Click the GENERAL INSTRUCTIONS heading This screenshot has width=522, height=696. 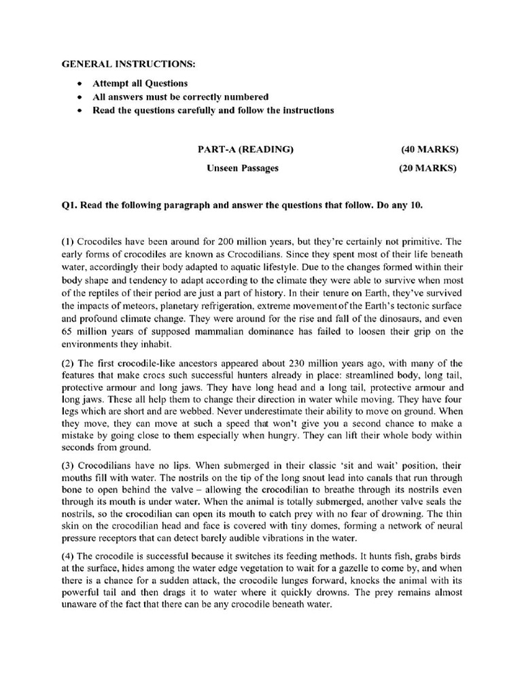pyautogui.click(x=128, y=64)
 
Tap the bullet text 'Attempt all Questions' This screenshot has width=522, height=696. pyautogui.click(x=141, y=84)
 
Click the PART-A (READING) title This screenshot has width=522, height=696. pyautogui.click(x=245, y=149)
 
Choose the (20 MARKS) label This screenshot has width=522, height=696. pyautogui.click(x=428, y=168)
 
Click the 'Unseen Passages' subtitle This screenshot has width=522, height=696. pyautogui.click(x=243, y=168)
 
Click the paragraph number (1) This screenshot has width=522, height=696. pyautogui.click(x=68, y=241)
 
